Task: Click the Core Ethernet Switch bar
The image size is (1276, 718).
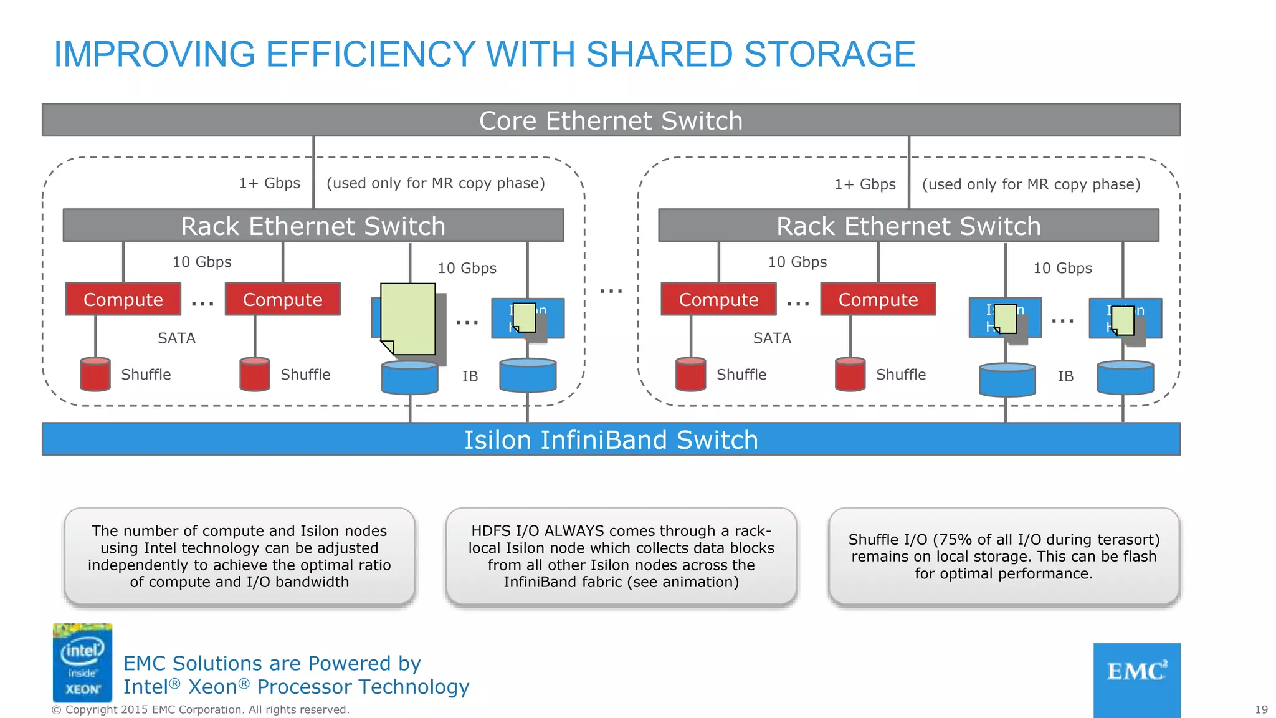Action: pos(611,120)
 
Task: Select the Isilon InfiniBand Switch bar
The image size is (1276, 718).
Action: pos(611,439)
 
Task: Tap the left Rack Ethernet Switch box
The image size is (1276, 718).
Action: pos(313,226)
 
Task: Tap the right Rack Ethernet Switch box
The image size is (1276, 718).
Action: pos(908,226)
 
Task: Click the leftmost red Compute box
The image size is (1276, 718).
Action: pos(123,299)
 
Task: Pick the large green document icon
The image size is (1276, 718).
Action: pos(408,318)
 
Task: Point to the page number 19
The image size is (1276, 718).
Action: pos(1261,709)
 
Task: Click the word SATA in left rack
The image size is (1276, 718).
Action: pos(176,338)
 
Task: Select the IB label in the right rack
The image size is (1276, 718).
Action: pos(1065,376)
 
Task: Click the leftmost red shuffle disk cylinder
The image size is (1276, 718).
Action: pos(95,374)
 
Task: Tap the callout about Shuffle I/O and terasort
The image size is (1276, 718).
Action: pos(1004,556)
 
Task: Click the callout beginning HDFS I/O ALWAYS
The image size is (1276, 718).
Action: pos(621,556)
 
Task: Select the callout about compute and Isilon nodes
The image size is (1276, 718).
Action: pos(239,556)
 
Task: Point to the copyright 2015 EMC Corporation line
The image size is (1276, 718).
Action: pos(201,709)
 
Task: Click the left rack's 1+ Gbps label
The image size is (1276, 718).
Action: pos(269,183)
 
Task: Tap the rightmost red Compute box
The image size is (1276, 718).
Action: pos(878,299)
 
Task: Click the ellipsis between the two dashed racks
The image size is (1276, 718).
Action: pos(611,291)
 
